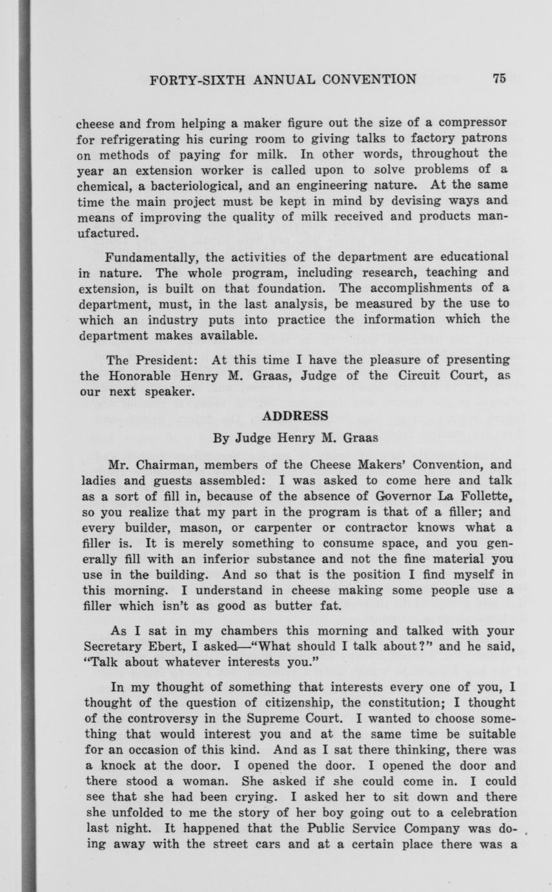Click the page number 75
tap(498, 79)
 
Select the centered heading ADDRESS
tap(295, 415)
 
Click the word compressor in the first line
tap(469, 122)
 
